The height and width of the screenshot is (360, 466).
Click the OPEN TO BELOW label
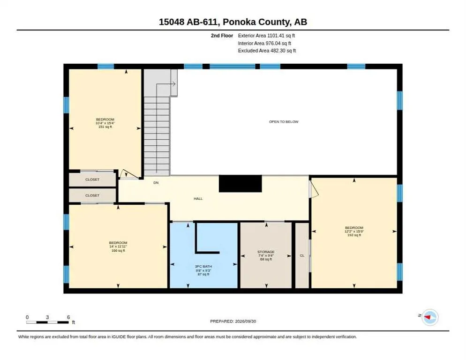tap(284, 121)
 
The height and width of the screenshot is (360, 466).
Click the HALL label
tap(198, 199)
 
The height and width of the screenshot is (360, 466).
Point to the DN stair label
tap(156, 183)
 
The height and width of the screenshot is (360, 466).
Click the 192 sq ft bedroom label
tap(354, 231)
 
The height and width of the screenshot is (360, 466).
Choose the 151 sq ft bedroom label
tap(105, 123)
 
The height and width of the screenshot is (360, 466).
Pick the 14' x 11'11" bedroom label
tap(118, 247)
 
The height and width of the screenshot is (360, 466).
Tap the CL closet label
tap(302, 255)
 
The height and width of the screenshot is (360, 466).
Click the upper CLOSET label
tap(92, 180)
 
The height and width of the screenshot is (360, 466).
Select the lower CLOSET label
tap(92, 195)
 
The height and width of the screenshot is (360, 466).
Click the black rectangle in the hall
tap(241, 183)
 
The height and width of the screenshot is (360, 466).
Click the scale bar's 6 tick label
tap(68, 317)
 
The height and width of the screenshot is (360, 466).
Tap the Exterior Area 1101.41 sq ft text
tap(266, 36)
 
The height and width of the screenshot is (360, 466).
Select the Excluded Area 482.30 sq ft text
tap(267, 51)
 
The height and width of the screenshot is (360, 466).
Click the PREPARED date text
tap(233, 322)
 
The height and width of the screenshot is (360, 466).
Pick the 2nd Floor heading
tap(222, 36)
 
